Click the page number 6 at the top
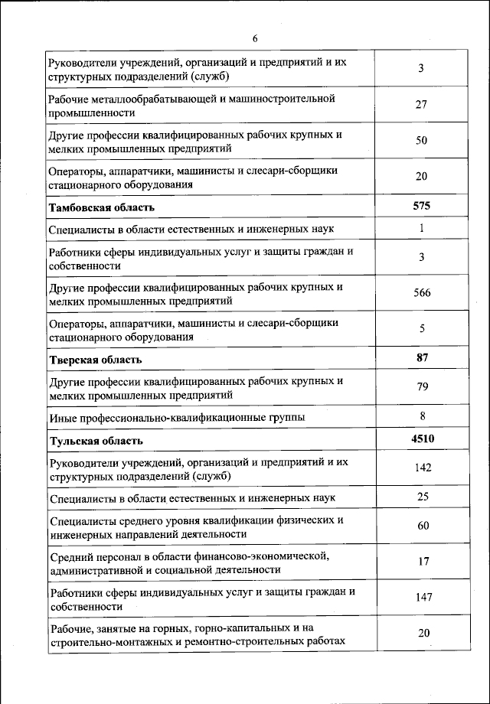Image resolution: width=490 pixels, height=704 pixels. pos(255,40)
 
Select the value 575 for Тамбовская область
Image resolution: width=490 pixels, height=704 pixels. pos(421,207)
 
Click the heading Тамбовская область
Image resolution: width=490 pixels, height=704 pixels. pos(102,207)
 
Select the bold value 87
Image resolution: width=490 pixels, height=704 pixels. pos(421,357)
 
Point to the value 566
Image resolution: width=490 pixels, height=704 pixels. pos(421,293)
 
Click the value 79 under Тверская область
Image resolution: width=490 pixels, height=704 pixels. pos(421,387)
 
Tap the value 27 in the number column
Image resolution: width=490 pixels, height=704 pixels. pos(421,105)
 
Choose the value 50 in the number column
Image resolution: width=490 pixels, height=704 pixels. pos(421,141)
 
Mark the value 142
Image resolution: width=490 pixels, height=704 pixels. pos(423,468)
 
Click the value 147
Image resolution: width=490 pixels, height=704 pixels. pos(423,597)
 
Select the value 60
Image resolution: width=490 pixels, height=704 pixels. pos(423,526)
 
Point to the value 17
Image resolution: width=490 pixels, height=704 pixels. pos(423,561)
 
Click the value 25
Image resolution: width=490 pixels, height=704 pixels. pos(423,497)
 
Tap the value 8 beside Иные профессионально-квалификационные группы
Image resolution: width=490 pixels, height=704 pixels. pos(422,416)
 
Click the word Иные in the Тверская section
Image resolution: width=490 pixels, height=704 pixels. pos(60,417)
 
